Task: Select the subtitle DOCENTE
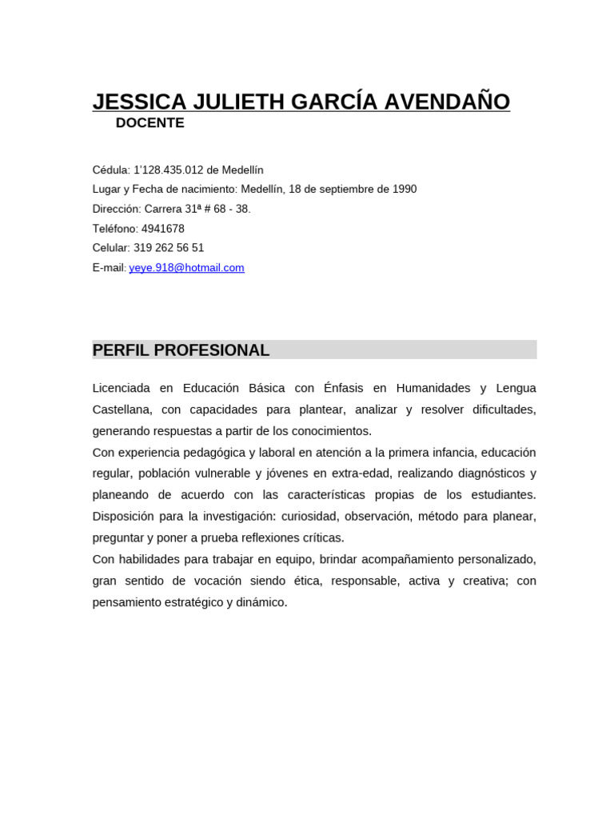(x=150, y=123)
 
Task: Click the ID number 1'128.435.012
(x=170, y=170)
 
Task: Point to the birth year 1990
(x=404, y=190)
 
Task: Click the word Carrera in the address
(x=163, y=209)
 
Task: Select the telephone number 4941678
(x=163, y=229)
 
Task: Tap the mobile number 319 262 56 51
(x=169, y=248)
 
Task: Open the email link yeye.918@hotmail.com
(x=186, y=268)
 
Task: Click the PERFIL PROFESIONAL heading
(x=181, y=350)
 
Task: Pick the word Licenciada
(x=121, y=388)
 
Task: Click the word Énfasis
(x=343, y=388)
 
